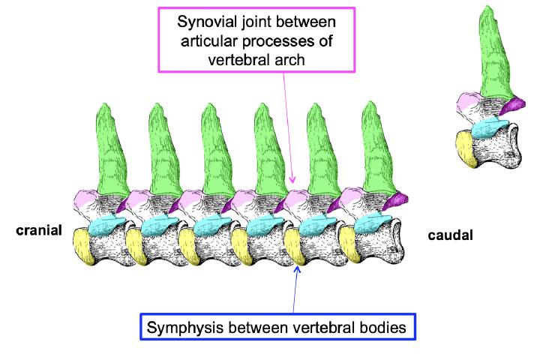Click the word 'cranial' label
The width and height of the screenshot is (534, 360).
coord(38,230)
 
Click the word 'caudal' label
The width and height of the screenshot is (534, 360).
coord(450,235)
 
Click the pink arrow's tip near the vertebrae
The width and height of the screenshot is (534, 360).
coord(293,182)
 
